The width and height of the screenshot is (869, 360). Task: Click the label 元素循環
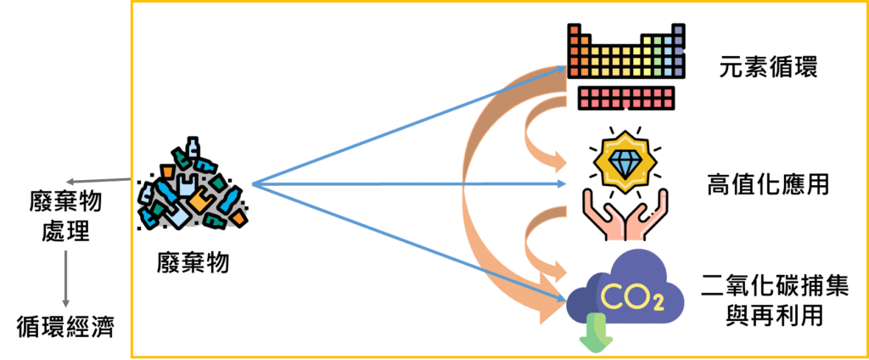pyautogui.click(x=767, y=68)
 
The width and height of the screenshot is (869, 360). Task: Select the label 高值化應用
pyautogui.click(x=767, y=184)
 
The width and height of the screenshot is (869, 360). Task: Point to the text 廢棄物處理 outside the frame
pyautogui.click(x=64, y=216)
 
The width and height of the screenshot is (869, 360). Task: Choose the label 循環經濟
pyautogui.click(x=64, y=326)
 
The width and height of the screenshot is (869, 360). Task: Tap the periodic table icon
pyautogui.click(x=627, y=66)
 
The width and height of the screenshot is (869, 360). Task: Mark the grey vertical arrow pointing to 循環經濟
pyautogui.click(x=65, y=278)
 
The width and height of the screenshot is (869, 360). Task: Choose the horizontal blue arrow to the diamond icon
pyautogui.click(x=409, y=184)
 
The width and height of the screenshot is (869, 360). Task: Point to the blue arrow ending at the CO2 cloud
pyautogui.click(x=409, y=242)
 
